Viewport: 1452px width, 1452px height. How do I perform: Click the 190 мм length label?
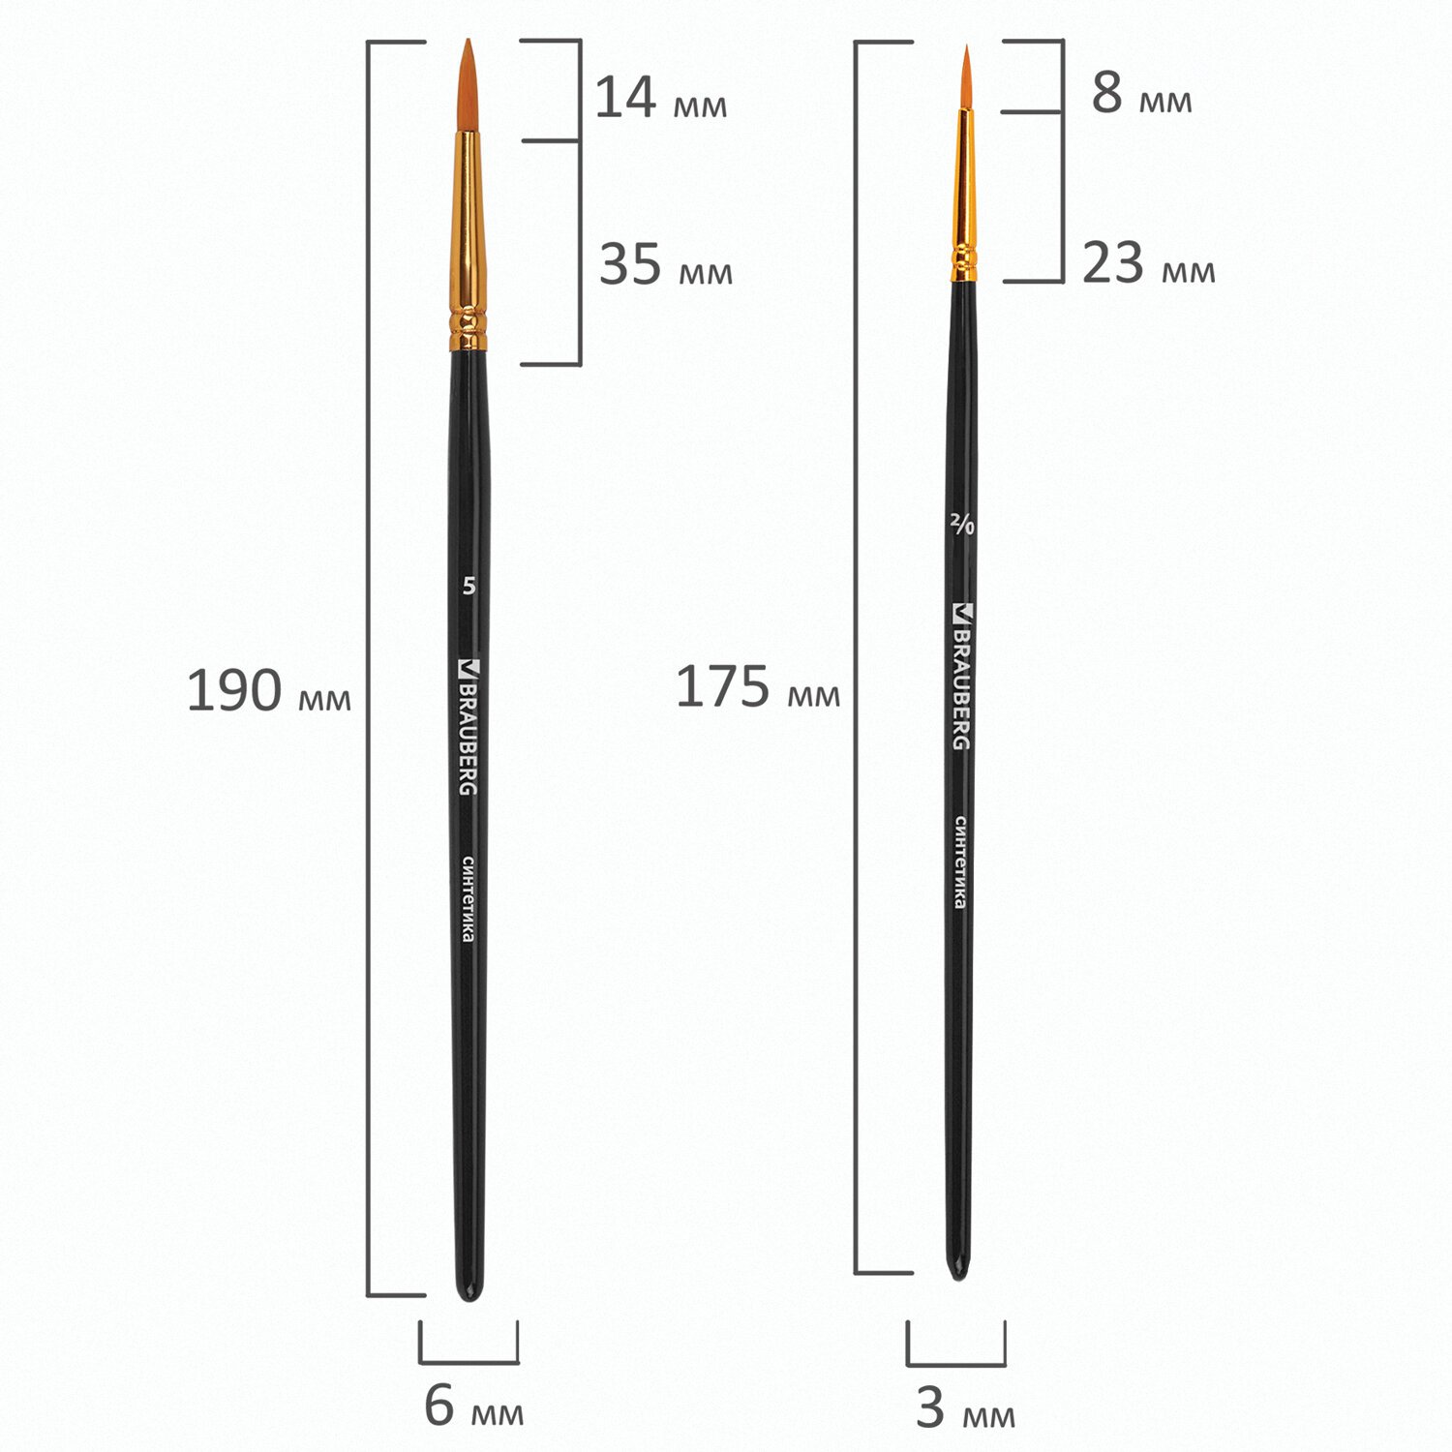(268, 691)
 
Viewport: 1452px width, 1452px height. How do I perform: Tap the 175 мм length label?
(757, 687)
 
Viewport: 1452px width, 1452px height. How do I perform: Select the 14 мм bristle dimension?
(660, 98)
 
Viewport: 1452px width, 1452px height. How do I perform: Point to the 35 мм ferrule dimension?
(666, 264)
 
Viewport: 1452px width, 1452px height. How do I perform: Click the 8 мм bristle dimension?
(1141, 93)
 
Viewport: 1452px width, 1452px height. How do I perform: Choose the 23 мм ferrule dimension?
(1148, 263)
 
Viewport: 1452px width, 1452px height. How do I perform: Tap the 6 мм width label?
(473, 1407)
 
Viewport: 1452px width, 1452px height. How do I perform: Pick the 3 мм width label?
(965, 1409)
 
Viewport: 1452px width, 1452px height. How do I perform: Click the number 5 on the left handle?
(469, 587)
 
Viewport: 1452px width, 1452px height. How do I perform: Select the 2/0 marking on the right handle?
(962, 525)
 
